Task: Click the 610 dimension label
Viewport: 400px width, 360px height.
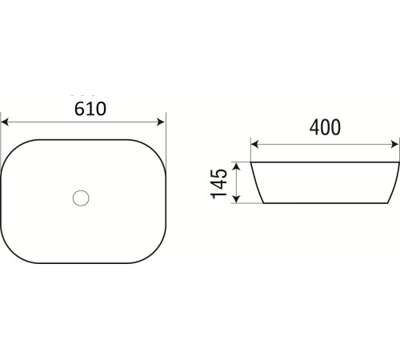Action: point(90,109)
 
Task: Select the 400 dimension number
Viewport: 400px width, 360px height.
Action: point(325,127)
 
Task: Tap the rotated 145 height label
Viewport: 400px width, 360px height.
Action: point(219,184)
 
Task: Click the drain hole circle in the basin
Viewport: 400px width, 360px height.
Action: point(81,198)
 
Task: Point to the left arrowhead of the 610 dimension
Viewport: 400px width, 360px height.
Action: point(5,122)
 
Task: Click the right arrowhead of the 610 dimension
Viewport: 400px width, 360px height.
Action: point(161,122)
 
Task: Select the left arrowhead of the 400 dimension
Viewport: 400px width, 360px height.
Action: point(255,144)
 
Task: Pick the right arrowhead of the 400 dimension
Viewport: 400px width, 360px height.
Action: point(394,144)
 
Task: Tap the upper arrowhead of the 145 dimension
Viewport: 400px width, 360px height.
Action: point(237,166)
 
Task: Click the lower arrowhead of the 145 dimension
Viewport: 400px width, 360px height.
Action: point(237,198)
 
